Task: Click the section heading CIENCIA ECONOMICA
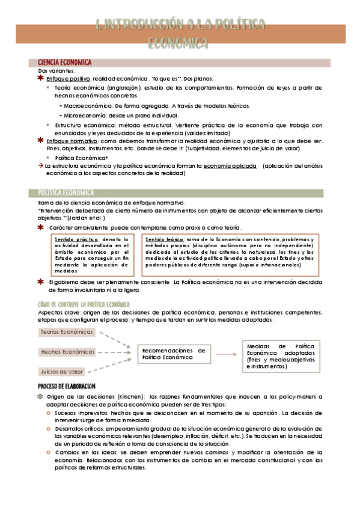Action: [64, 62]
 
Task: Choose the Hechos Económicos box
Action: [67, 352]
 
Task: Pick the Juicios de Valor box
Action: [62, 371]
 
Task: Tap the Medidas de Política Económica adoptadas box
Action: [279, 355]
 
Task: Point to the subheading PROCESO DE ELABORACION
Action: [67, 386]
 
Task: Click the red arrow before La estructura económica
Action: [40, 165]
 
